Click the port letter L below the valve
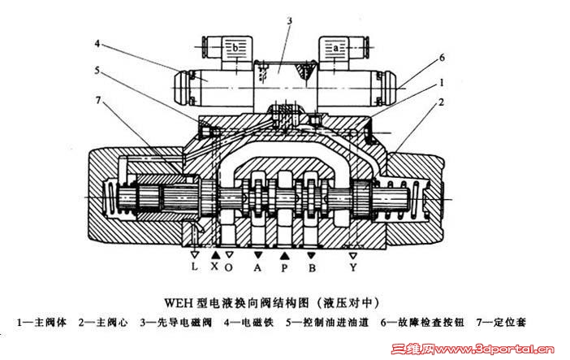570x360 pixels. [x=194, y=266]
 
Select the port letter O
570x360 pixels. [x=230, y=266]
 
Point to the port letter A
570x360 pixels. [x=258, y=266]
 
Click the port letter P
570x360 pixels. [x=284, y=266]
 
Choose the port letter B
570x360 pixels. [x=311, y=266]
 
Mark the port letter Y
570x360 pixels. [x=353, y=266]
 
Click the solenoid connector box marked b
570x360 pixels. [x=235, y=49]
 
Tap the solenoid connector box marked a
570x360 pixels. [x=334, y=48]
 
